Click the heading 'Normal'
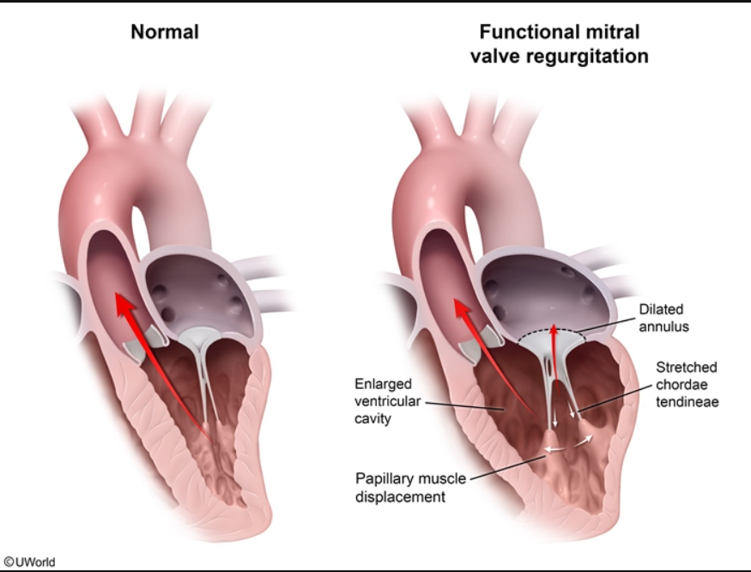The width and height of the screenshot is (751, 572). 164,33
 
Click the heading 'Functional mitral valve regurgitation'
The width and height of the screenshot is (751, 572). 559,45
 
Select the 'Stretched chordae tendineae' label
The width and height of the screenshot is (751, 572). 686,384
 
